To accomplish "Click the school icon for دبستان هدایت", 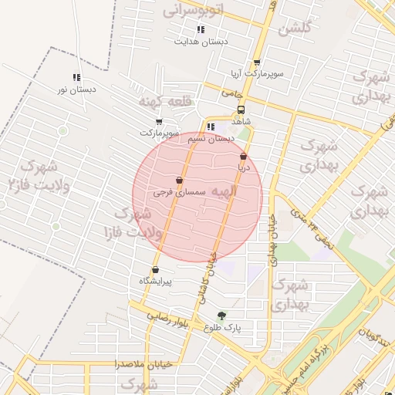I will point(201,30).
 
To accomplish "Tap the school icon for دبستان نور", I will point(76,77).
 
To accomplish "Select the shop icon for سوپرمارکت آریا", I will point(257,63).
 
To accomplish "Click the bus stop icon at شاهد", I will point(241,110).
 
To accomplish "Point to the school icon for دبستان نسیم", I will point(211,127).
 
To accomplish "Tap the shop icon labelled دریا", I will point(243,156).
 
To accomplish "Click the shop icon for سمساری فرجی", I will point(179,180).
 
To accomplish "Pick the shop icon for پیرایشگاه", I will point(157,270).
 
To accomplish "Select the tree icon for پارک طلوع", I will point(222,315).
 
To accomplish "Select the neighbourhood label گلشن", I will point(293,29).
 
